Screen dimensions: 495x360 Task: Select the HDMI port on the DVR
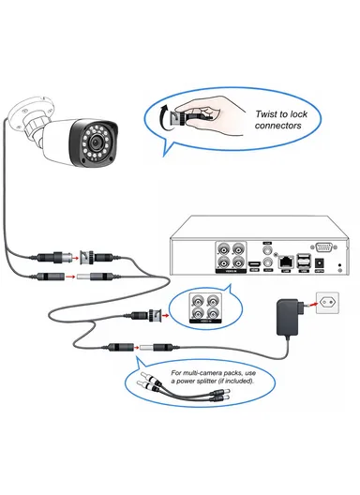pos(255,266)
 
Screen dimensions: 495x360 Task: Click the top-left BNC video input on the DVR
pos(224,250)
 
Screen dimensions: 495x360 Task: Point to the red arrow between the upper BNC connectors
pos(73,255)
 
